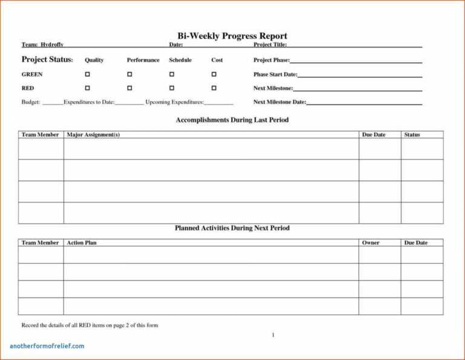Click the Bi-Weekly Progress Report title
232,36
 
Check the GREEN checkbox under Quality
87,74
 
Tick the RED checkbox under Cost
214,88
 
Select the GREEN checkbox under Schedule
171,74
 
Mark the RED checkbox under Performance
129,88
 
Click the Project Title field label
270,45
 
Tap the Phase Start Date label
275,75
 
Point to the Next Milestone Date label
280,102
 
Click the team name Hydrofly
52,45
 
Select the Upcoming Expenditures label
174,102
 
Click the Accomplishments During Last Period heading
232,120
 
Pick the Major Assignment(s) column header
93,135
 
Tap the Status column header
412,135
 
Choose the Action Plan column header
82,242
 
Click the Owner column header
371,242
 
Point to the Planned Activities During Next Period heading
232,228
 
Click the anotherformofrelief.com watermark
47,346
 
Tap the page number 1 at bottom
273,335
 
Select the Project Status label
47,59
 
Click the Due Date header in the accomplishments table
374,135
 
